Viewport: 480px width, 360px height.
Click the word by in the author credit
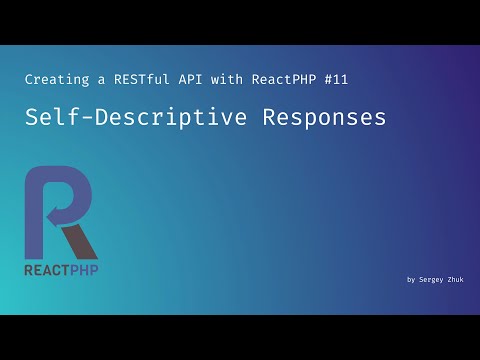click(x=411, y=280)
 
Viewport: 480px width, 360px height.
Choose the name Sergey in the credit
click(x=433, y=280)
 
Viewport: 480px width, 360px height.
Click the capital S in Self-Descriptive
click(x=32, y=118)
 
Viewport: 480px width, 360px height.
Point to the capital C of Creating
click(x=28, y=78)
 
